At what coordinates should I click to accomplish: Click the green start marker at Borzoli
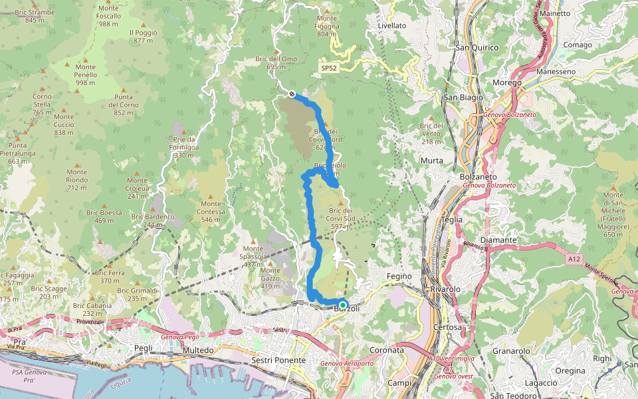coord(343,305)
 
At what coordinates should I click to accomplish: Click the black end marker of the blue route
coord(292,94)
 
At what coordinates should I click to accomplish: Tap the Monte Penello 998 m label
coord(86,74)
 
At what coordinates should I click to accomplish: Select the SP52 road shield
coord(328,68)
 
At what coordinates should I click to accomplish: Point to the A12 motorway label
coord(575,257)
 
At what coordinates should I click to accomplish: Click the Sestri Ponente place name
coord(278,360)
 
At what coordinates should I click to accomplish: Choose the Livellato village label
coord(391,25)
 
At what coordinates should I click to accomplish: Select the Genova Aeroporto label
coord(346,364)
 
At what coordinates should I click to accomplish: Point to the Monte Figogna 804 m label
coord(327,26)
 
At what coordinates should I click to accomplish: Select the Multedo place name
coord(198,350)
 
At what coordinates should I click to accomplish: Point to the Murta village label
coord(431,161)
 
